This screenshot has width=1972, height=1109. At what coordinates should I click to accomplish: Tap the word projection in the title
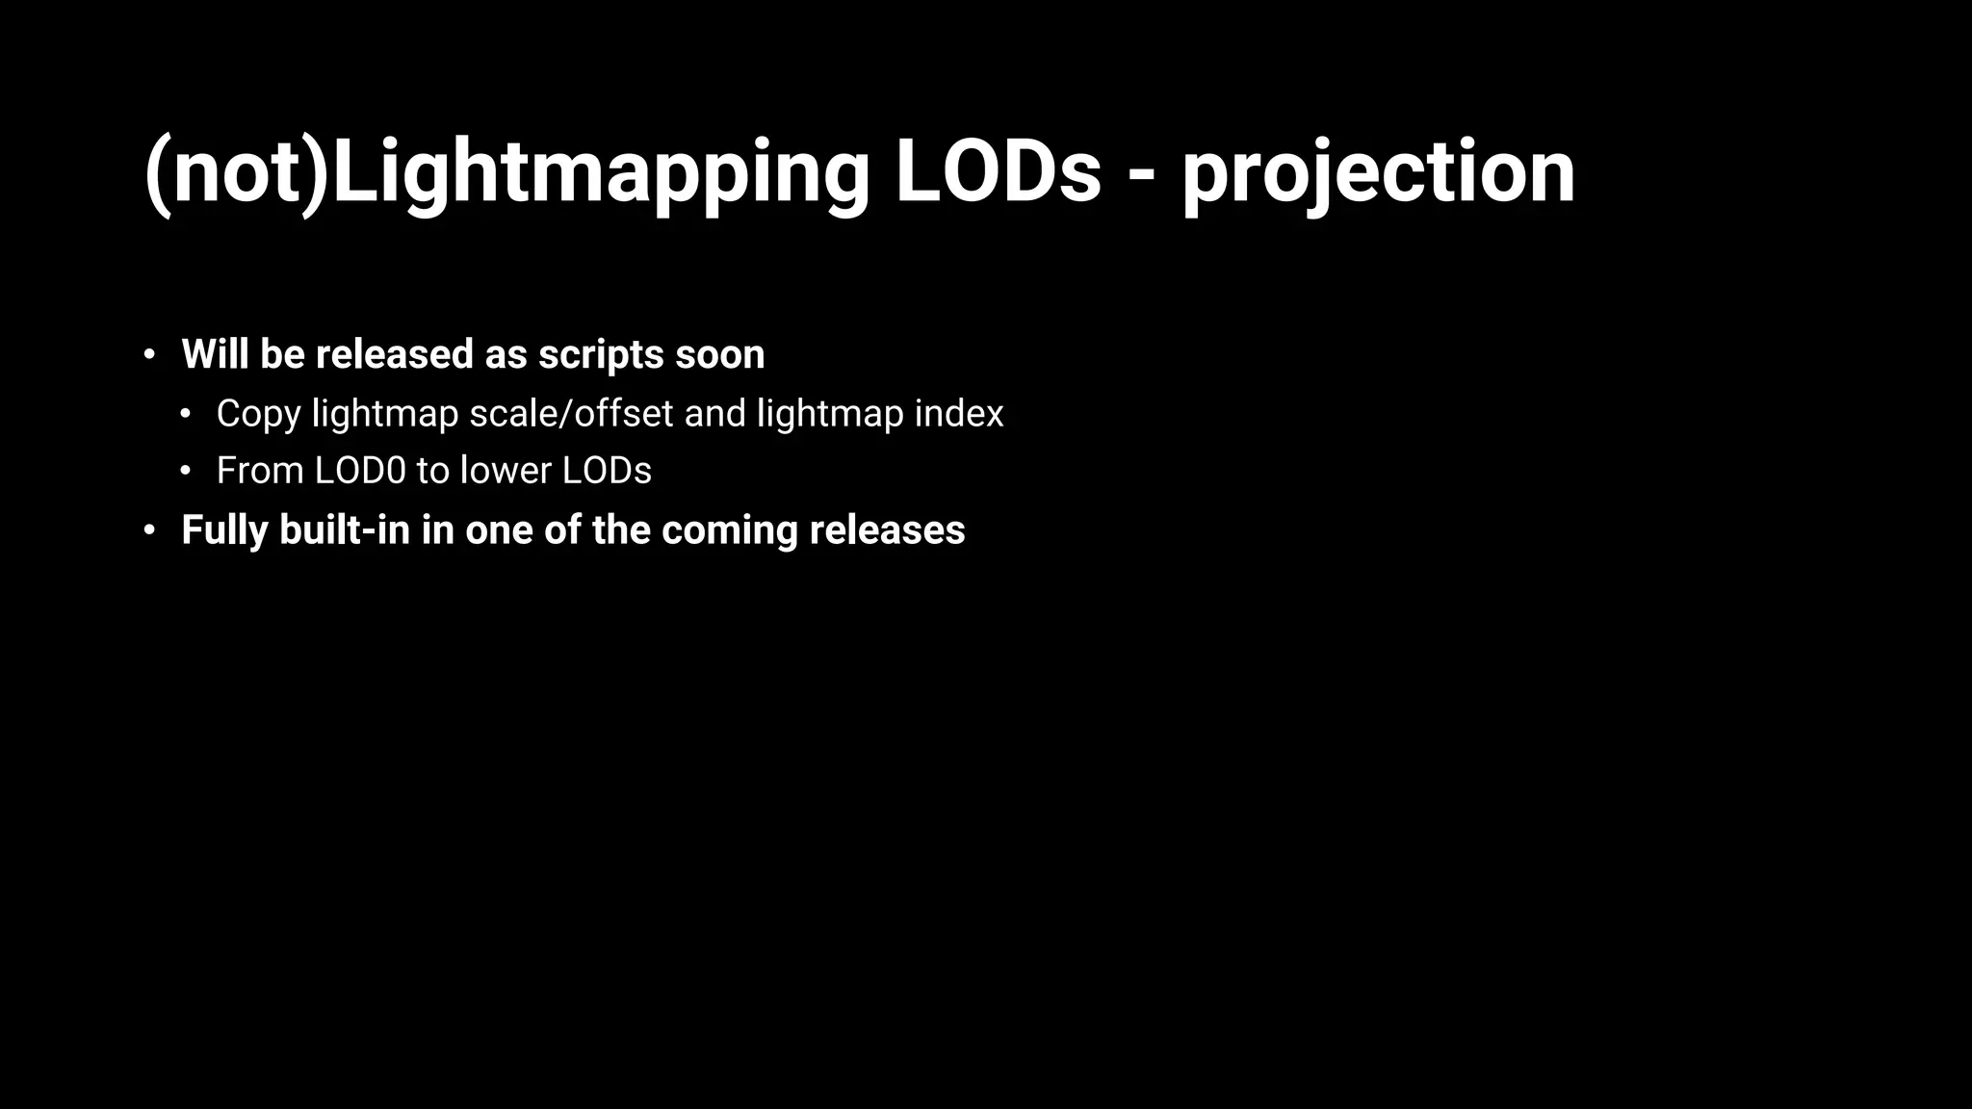coord(1378,173)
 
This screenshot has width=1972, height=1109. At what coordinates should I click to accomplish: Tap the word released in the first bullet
coord(395,354)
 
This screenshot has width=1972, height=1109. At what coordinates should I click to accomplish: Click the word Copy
coord(258,415)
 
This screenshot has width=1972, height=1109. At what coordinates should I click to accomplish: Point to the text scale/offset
coord(571,413)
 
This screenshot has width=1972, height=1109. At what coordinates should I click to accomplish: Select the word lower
coord(506,471)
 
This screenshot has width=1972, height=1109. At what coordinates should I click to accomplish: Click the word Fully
coord(224,531)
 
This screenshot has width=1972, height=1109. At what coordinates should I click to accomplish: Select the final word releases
coord(887,530)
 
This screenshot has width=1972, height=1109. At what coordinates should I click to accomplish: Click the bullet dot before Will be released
coord(149,355)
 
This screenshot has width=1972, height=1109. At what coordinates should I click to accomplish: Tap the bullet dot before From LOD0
coord(186,472)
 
